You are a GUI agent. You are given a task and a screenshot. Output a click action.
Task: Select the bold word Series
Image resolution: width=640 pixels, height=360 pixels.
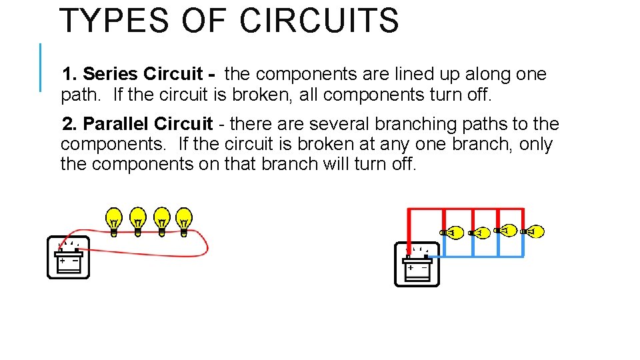pyautogui.click(x=110, y=74)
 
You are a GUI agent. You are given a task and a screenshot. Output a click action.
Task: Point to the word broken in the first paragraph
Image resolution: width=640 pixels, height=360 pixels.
pyautogui.click(x=262, y=95)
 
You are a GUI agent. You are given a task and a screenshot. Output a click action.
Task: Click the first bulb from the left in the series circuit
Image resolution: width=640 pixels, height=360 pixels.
pyautogui.click(x=115, y=219)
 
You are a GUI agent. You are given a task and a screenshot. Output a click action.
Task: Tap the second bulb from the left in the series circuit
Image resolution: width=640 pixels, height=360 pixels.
pyautogui.click(x=138, y=219)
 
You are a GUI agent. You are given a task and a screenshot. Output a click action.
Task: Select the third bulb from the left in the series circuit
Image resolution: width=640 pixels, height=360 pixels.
pyautogui.click(x=161, y=219)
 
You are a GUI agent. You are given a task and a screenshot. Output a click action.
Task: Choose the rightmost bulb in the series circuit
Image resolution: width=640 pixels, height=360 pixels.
pyautogui.click(x=184, y=219)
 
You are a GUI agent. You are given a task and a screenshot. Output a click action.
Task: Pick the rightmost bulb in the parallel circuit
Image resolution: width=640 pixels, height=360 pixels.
pyautogui.click(x=533, y=232)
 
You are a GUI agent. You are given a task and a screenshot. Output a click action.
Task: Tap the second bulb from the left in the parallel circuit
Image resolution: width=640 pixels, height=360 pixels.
pyautogui.click(x=479, y=233)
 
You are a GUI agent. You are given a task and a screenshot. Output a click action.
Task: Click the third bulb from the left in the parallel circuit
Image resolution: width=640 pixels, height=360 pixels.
pyautogui.click(x=507, y=231)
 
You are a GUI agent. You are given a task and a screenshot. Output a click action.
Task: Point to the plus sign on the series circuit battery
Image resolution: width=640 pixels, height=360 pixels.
pyautogui.click(x=62, y=261)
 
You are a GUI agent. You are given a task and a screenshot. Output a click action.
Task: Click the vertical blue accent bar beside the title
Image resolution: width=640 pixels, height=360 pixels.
pyautogui.click(x=40, y=67)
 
